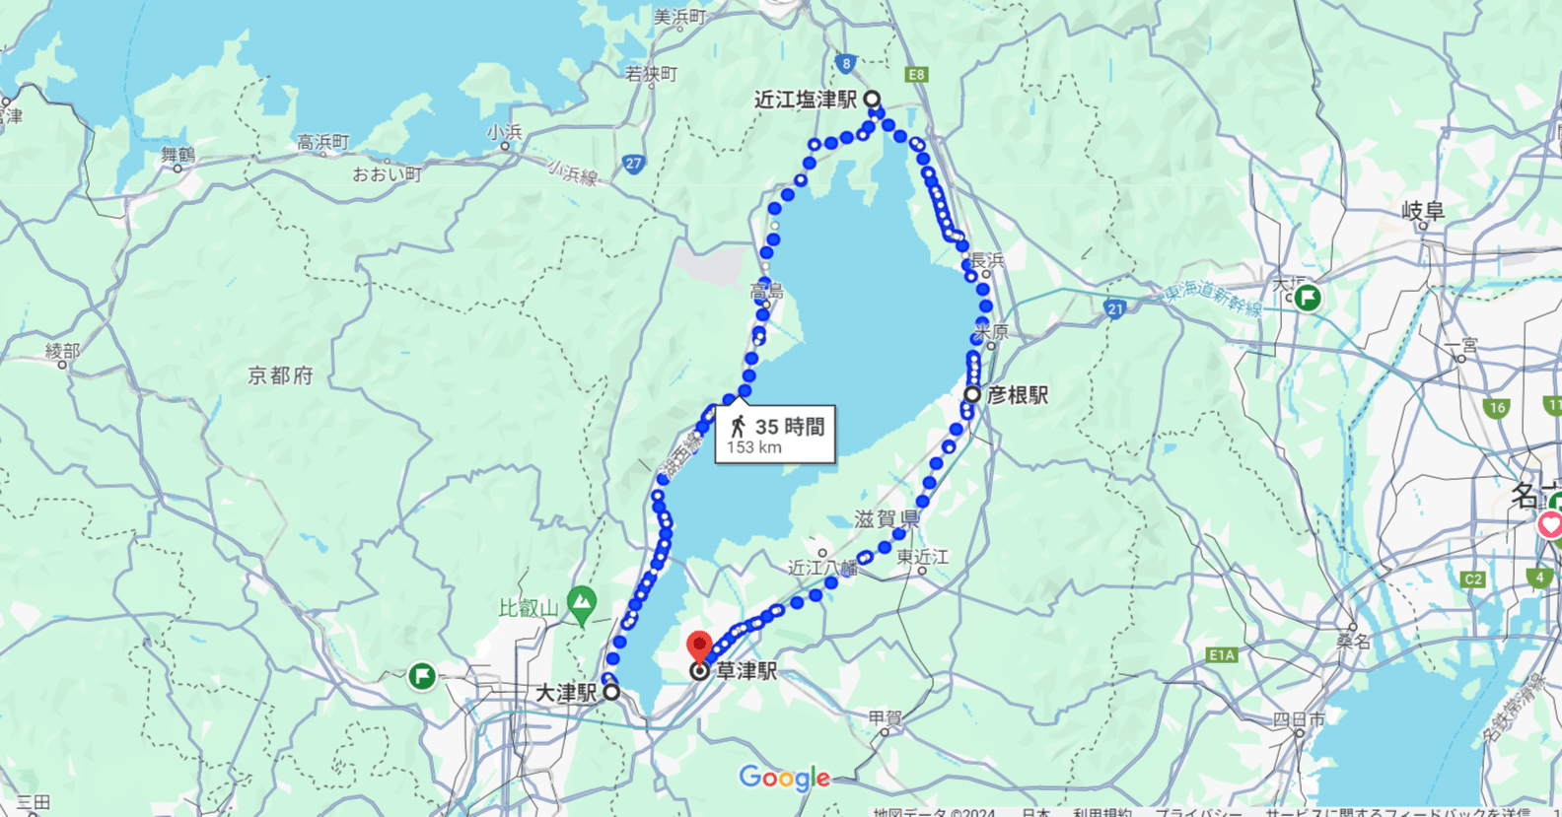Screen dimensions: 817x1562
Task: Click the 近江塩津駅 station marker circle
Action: tap(872, 100)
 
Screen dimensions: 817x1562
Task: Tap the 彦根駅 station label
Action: tap(1018, 395)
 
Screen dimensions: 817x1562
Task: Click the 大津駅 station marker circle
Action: tap(611, 692)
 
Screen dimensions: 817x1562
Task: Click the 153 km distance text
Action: tap(754, 447)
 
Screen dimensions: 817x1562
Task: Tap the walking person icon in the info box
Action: tap(738, 427)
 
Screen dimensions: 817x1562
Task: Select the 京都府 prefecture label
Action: tap(280, 375)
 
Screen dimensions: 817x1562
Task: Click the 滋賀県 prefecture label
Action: tap(887, 519)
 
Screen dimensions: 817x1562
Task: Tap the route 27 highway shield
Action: tap(633, 165)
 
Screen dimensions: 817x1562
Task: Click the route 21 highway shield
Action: tap(1114, 309)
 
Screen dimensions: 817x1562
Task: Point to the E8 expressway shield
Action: tap(917, 75)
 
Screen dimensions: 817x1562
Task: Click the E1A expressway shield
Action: tap(1222, 654)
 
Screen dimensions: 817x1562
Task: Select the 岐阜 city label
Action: tap(1423, 210)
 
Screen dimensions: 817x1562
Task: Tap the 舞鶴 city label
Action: tap(178, 155)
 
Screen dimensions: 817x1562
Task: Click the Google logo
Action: tap(784, 779)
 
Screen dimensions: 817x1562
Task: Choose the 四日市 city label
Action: tap(1299, 718)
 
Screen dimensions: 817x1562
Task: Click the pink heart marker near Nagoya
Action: tap(1550, 524)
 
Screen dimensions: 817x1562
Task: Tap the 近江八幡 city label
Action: tap(822, 568)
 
